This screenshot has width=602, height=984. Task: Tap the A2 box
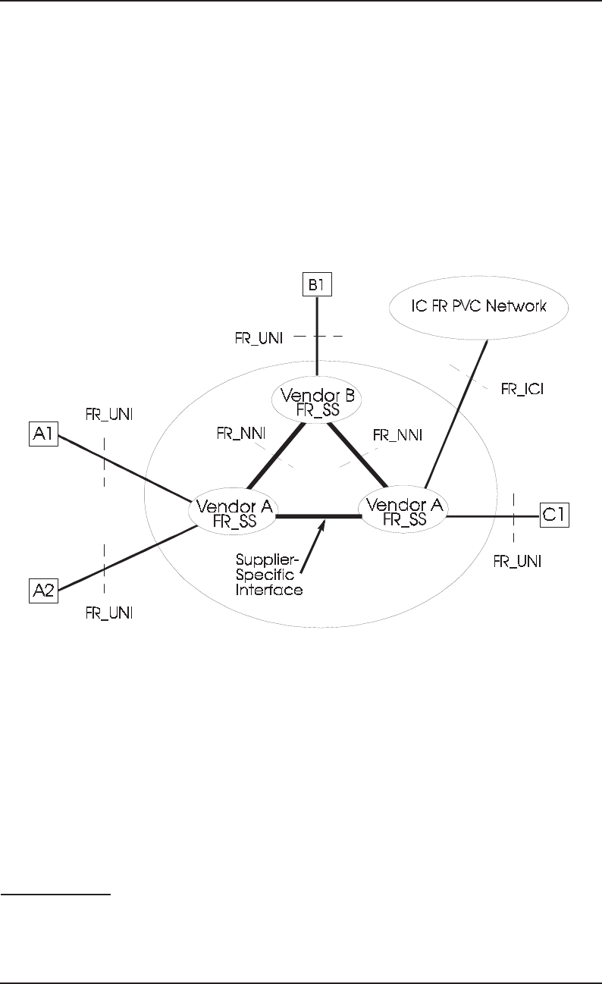[x=43, y=589]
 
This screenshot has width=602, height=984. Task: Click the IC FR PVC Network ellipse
[x=479, y=306]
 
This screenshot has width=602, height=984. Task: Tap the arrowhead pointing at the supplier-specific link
[x=325, y=522]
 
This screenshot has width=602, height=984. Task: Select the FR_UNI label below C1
[x=517, y=562]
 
